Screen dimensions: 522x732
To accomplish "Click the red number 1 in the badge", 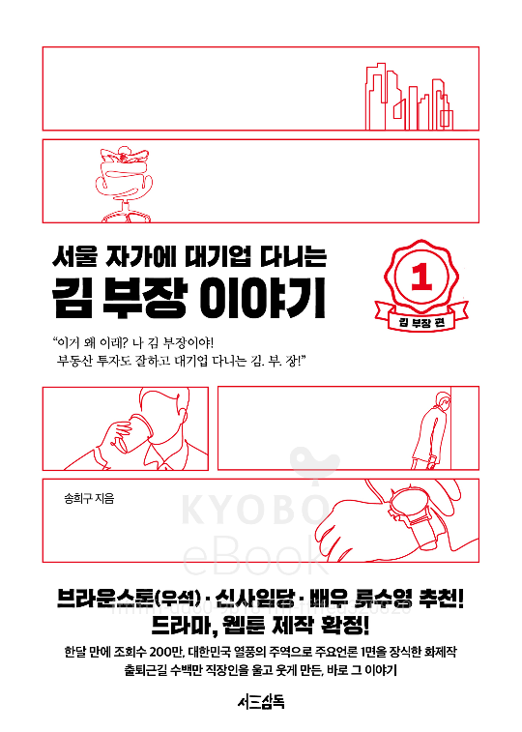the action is click(422, 277).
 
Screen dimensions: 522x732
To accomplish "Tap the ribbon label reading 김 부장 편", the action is click(421, 322).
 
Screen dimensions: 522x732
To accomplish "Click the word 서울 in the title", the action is click(73, 256).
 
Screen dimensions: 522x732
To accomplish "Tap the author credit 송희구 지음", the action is click(89, 499).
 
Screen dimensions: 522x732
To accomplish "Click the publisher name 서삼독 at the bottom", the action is click(261, 702).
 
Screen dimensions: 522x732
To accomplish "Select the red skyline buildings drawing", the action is click(409, 97).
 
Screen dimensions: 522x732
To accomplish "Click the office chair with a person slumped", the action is click(124, 185).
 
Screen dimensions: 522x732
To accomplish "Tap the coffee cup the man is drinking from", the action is click(133, 433).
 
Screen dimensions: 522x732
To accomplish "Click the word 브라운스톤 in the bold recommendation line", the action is click(105, 599).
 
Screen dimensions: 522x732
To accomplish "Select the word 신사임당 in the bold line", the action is click(254, 599).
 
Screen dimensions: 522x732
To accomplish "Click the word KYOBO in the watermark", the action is click(255, 511).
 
